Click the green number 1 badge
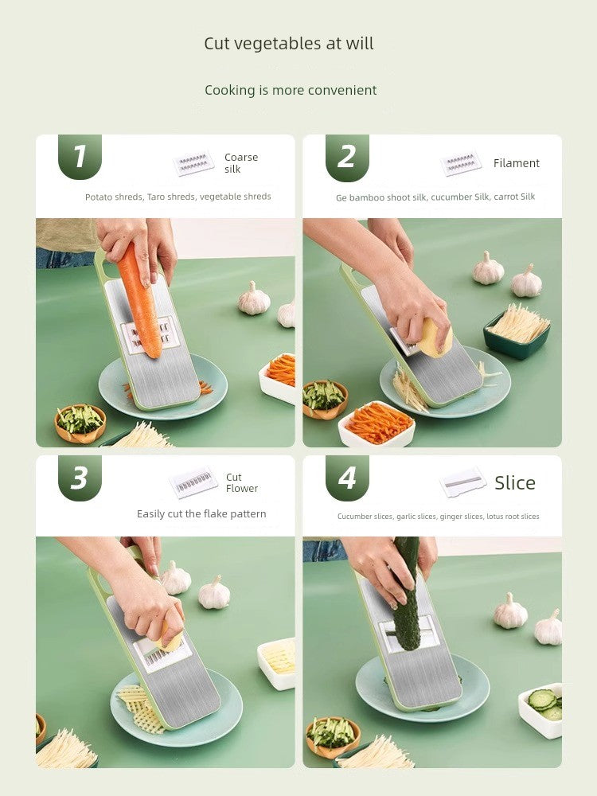(x=80, y=156)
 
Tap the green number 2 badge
(x=347, y=158)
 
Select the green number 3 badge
(x=80, y=478)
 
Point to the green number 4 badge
(x=347, y=478)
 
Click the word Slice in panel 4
(x=515, y=483)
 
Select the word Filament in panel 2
(x=517, y=163)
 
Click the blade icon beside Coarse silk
(x=193, y=163)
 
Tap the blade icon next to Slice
(x=462, y=482)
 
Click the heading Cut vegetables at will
(x=289, y=44)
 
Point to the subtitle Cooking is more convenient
(x=291, y=91)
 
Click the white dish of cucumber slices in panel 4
(x=541, y=710)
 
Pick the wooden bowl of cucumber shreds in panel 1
(x=80, y=423)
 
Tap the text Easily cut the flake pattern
(x=201, y=513)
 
